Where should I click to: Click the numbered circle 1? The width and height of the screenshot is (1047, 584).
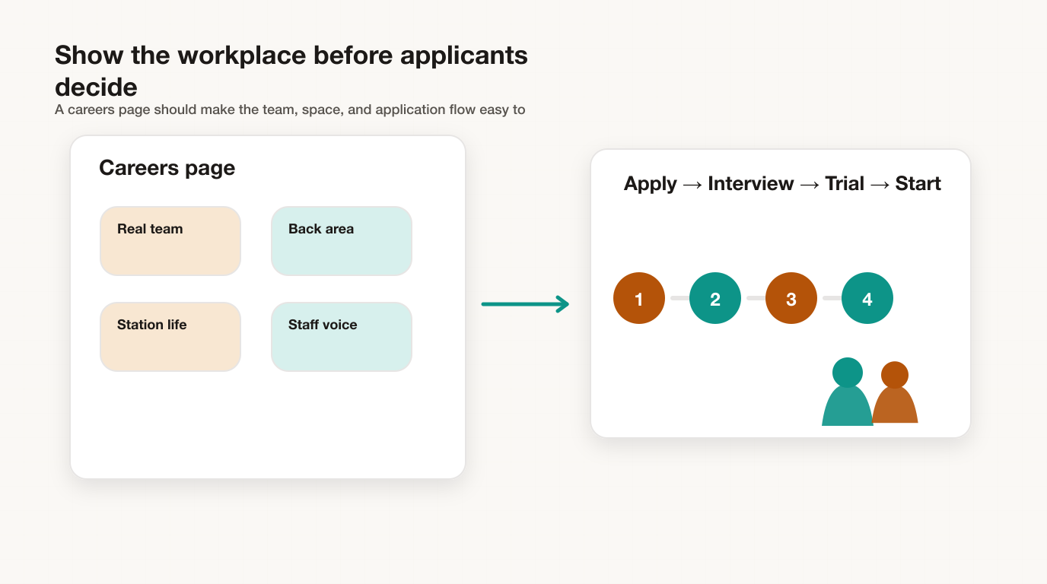(639, 298)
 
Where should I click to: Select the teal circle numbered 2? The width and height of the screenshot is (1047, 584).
(715, 298)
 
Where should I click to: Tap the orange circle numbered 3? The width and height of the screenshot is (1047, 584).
(791, 298)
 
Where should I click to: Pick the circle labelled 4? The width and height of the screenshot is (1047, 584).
(867, 298)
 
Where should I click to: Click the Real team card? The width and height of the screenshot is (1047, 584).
(170, 241)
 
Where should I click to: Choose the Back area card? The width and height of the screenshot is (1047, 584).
(342, 241)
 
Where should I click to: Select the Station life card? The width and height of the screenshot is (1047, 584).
(170, 337)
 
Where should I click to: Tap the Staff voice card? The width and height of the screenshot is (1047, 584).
(342, 337)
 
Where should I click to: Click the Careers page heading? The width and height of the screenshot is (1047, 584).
(167, 168)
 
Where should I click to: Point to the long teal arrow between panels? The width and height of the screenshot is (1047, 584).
(525, 304)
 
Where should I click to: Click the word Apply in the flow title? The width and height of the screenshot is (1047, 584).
(650, 184)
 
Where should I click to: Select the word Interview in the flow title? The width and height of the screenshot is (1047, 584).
(751, 183)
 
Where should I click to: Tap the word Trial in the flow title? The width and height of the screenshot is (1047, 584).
(845, 183)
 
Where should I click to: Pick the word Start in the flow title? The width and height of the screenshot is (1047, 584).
(918, 183)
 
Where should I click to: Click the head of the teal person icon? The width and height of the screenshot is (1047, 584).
(848, 373)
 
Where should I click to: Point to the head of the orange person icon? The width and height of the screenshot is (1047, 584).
(895, 375)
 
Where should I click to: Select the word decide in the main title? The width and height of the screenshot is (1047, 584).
(96, 87)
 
